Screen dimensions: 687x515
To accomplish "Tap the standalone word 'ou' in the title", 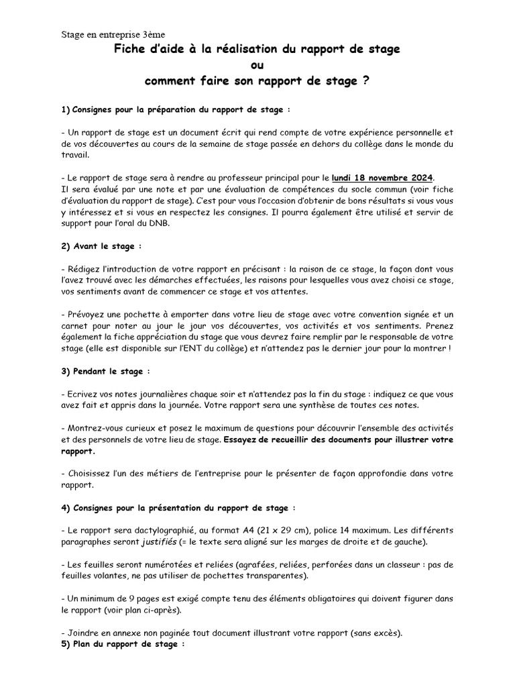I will point(257,65).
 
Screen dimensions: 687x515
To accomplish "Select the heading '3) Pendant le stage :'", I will point(105,370).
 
